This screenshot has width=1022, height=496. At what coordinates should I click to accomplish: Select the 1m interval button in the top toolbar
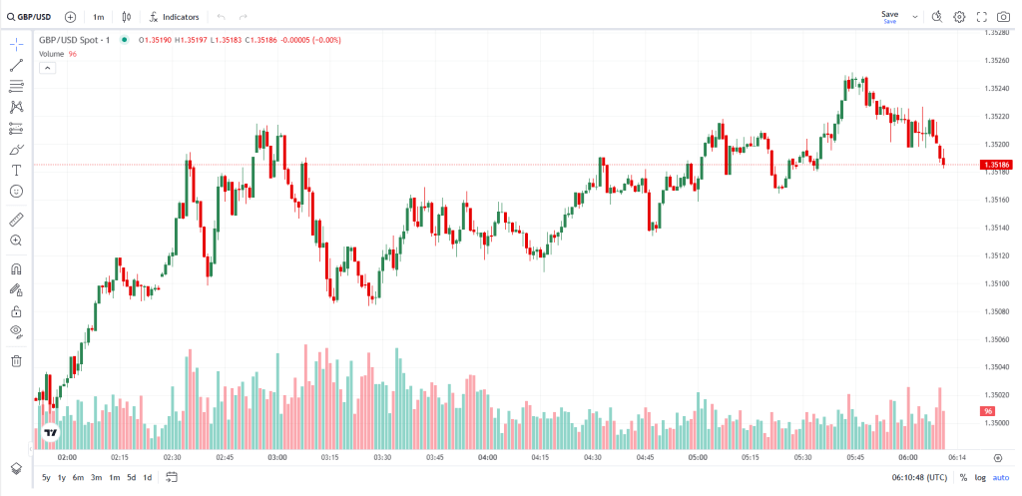pos(98,17)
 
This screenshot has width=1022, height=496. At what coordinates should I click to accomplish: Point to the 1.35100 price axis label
pos(995,283)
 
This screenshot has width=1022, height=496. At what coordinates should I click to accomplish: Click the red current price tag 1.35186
pos(995,164)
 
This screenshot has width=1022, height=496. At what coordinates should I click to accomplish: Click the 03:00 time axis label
pos(277,457)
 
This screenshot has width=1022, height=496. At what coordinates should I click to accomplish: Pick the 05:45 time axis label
pos(855,457)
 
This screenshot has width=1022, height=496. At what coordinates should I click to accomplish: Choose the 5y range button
pos(46,477)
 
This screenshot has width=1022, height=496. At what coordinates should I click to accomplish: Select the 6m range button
pos(78,477)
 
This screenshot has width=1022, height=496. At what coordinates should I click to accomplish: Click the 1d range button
pos(148,477)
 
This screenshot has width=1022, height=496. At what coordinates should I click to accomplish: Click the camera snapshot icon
pos(1003,17)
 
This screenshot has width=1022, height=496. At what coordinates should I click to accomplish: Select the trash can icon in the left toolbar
pos(16,360)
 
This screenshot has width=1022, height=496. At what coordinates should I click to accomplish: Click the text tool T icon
pos(16,170)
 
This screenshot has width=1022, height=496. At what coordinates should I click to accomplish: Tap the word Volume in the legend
pos(52,53)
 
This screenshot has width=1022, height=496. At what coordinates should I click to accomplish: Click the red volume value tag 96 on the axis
pos(987,411)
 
